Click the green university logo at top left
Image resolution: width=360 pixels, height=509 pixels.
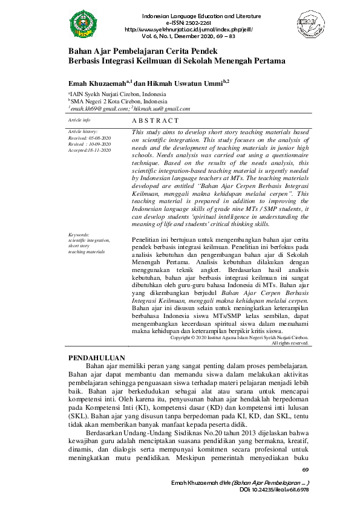(83, 24)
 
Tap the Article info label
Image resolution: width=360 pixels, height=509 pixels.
(79, 120)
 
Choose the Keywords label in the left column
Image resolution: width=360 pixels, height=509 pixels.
(79, 234)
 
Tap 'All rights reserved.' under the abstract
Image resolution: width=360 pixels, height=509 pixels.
(290, 343)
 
